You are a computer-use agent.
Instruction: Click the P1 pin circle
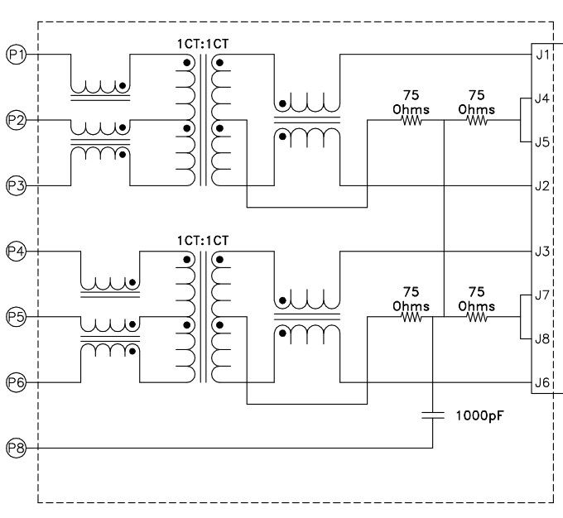[x=16, y=55]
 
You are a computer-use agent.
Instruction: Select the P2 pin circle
[x=16, y=121]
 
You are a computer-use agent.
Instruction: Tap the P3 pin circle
[x=16, y=185]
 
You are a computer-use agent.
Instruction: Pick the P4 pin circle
[x=16, y=250]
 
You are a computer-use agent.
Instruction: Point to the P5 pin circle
[x=16, y=316]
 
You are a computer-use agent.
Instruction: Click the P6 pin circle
[x=16, y=381]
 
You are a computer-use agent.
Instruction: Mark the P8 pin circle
[x=16, y=448]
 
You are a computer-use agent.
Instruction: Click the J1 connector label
[x=543, y=56]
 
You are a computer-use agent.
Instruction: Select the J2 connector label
[x=543, y=185]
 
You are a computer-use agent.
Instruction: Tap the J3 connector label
[x=543, y=250]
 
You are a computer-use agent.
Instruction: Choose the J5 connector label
[x=543, y=141]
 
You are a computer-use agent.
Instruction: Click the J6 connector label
[x=543, y=381]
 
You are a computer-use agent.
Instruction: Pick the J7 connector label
[x=543, y=295]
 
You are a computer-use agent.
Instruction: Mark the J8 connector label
[x=543, y=338]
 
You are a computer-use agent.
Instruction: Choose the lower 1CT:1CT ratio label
[x=202, y=239]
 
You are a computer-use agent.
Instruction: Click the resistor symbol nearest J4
[x=476, y=121]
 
